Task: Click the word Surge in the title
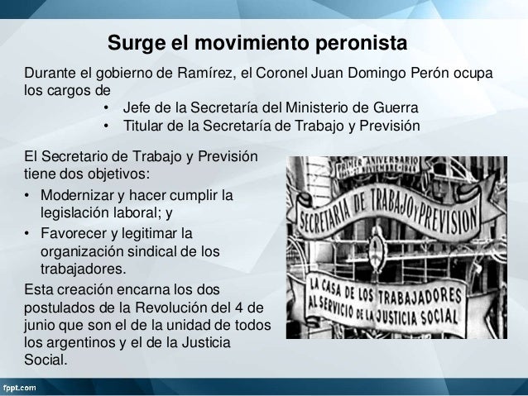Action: pos(135,41)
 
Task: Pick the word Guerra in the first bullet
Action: pos(397,108)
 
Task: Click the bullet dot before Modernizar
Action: pos(27,196)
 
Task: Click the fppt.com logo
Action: pos(24,386)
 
